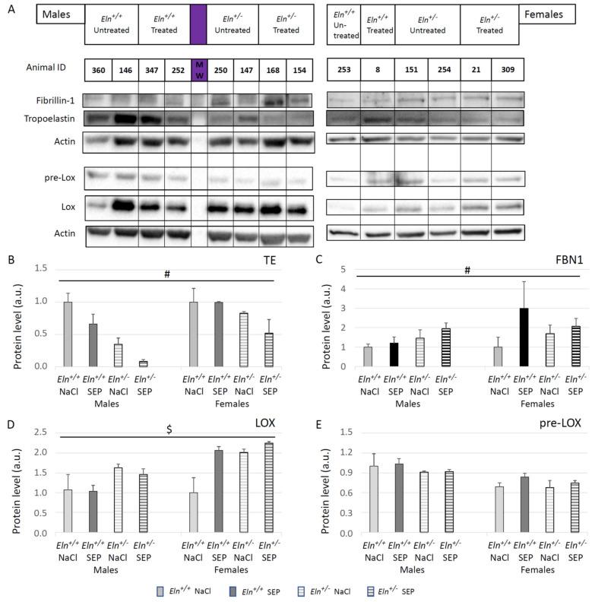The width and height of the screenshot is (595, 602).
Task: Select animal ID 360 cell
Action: tap(98, 68)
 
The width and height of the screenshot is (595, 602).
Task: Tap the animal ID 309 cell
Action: tap(507, 68)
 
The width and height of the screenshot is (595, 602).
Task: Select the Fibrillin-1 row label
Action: tap(55, 100)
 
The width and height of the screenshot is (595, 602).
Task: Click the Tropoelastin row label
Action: tap(52, 119)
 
